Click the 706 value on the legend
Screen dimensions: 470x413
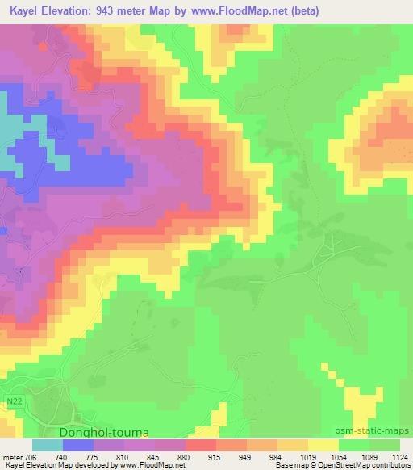(x=30, y=456)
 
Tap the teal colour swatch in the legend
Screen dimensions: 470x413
(x=48, y=445)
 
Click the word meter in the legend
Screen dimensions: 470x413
(x=11, y=456)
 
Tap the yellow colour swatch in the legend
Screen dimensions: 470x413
(x=323, y=445)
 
